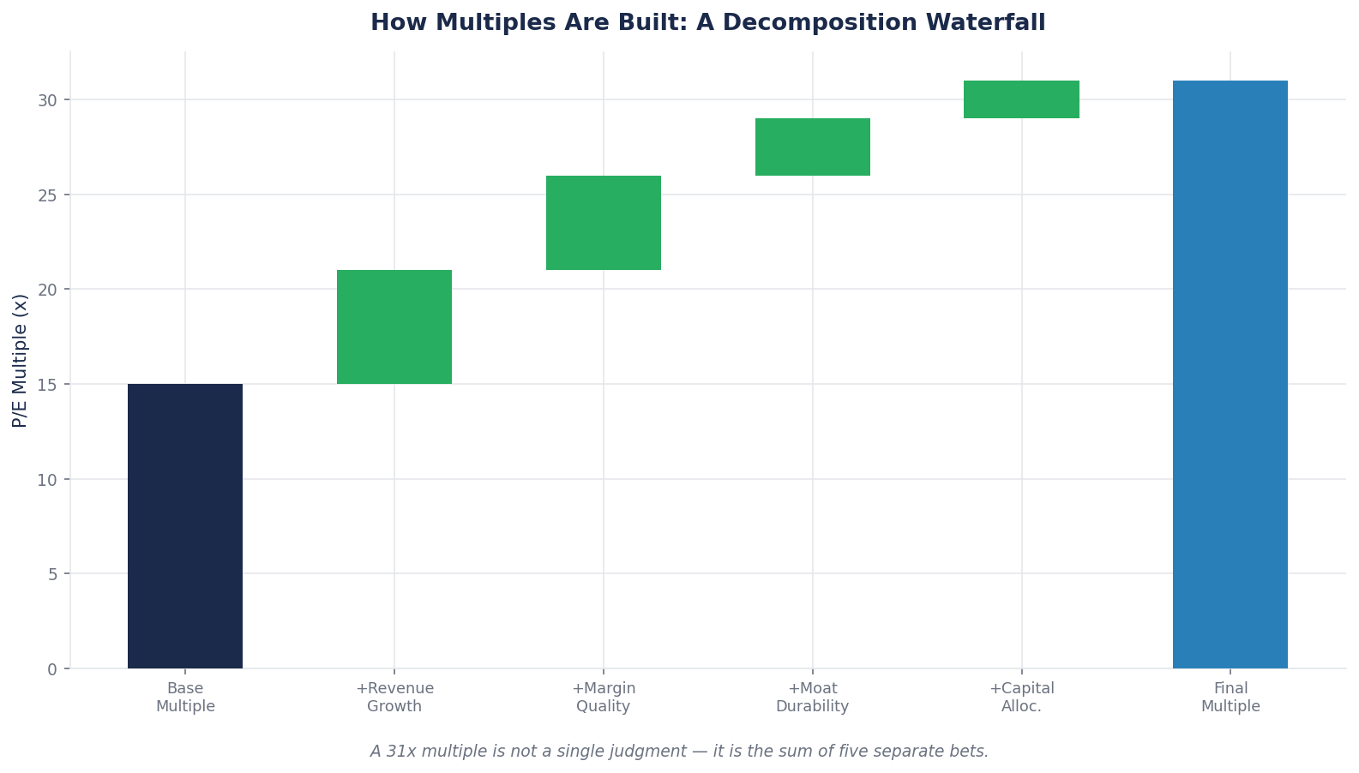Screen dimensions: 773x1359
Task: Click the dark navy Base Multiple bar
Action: click(185, 525)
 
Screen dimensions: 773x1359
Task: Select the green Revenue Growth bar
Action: click(394, 327)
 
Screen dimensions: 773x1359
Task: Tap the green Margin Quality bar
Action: click(604, 223)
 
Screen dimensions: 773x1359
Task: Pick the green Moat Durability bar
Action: click(813, 147)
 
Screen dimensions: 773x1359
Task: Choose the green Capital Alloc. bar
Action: click(1021, 99)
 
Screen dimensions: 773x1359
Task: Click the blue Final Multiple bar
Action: click(1230, 375)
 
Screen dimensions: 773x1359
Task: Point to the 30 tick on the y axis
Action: click(47, 100)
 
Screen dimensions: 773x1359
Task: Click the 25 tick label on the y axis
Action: click(47, 195)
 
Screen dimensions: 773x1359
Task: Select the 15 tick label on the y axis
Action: click(47, 385)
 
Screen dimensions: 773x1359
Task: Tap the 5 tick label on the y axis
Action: click(52, 574)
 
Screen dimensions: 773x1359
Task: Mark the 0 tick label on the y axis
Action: click(52, 669)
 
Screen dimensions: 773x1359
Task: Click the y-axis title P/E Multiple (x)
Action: click(21, 360)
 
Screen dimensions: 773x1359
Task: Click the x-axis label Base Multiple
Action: click(185, 698)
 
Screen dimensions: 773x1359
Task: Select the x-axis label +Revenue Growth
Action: click(394, 698)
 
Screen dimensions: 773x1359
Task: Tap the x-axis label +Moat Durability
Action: click(813, 698)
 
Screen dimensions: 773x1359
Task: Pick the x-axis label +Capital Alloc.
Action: click(1021, 698)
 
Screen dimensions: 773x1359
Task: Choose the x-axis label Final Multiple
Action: click(1230, 698)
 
